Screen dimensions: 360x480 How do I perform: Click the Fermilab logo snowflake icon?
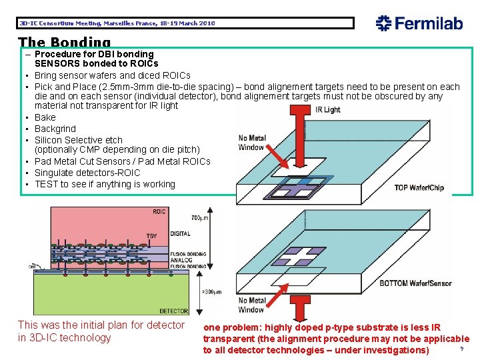(x=383, y=23)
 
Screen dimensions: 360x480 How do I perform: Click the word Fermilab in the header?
(x=427, y=23)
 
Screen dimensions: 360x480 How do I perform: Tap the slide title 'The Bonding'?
(x=64, y=43)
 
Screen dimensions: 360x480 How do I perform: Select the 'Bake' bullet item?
(x=45, y=117)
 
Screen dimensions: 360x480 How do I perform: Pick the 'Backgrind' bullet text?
(x=55, y=129)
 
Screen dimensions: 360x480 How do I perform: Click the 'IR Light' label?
(x=327, y=110)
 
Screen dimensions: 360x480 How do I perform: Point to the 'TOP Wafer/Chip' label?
(x=419, y=187)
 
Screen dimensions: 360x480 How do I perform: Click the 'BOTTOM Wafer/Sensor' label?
(x=415, y=283)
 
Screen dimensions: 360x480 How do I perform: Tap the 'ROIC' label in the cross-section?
(x=159, y=212)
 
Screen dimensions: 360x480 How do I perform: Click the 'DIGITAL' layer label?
(x=179, y=234)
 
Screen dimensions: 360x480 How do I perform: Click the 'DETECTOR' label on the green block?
(x=174, y=311)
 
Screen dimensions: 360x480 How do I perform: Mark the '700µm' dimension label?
(x=199, y=218)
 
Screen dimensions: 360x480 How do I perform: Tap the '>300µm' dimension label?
(x=211, y=292)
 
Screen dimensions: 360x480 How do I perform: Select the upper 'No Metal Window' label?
(x=251, y=143)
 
